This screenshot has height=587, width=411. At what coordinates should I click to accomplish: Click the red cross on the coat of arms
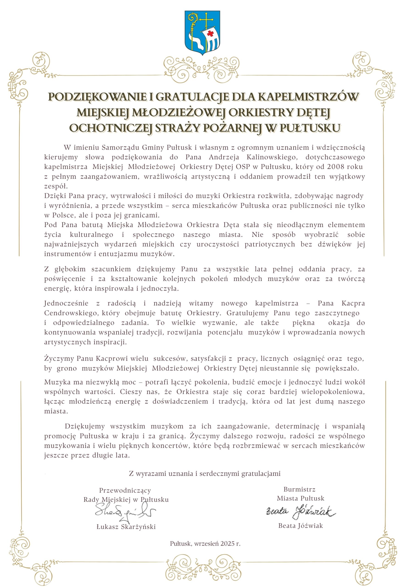[x=210, y=33]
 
